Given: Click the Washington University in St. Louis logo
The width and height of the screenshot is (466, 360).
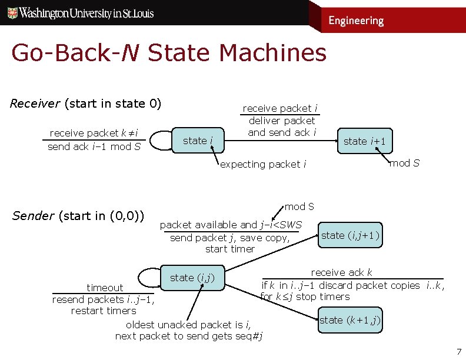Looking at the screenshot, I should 81,13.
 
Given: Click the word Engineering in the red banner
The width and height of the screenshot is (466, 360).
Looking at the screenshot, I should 355,21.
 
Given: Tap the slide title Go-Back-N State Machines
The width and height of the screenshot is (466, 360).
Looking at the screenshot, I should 168,53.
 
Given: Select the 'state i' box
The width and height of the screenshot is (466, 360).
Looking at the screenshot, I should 198,141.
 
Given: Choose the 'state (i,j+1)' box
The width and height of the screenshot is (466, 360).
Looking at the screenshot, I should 351,235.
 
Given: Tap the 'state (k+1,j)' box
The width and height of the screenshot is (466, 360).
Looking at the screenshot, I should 349,320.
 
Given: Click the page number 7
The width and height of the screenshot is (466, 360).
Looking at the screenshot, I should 459,352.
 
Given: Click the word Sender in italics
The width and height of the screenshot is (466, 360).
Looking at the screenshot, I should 33,215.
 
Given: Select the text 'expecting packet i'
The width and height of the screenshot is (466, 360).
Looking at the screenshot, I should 263,164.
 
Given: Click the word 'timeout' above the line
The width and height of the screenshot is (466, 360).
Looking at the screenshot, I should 105,288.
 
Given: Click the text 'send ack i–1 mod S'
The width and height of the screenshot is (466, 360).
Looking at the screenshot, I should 94,146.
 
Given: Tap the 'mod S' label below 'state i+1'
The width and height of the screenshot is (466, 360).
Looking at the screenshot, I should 404,163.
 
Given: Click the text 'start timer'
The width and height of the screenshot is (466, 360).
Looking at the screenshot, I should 230,249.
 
